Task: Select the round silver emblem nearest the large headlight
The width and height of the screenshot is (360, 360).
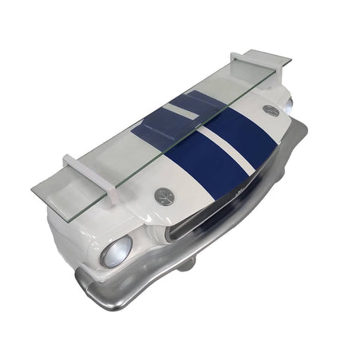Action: pyautogui.click(x=165, y=194)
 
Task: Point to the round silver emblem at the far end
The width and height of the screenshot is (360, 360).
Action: pyautogui.click(x=271, y=110)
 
